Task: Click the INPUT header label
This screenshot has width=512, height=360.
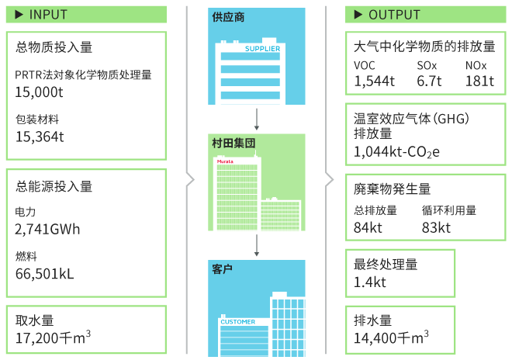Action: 47,15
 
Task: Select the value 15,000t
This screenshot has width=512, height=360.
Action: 39,91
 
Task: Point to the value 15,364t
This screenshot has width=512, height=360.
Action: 39,137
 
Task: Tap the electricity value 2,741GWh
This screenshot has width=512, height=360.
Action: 47,229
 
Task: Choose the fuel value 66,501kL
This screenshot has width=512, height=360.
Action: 44,273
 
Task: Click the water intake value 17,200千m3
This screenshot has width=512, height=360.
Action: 53,337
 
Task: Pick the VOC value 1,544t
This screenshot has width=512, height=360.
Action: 375,81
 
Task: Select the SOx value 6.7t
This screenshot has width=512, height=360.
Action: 429,81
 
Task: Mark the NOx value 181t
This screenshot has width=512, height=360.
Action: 479,81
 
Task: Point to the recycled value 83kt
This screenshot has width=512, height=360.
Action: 436,227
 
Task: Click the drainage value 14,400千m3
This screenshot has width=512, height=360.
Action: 392,337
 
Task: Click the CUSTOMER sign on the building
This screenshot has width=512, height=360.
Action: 237,321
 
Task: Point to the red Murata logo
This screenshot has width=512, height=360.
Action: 225,161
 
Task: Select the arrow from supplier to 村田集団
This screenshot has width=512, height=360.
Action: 256,117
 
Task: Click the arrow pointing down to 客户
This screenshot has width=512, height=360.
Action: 256,244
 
